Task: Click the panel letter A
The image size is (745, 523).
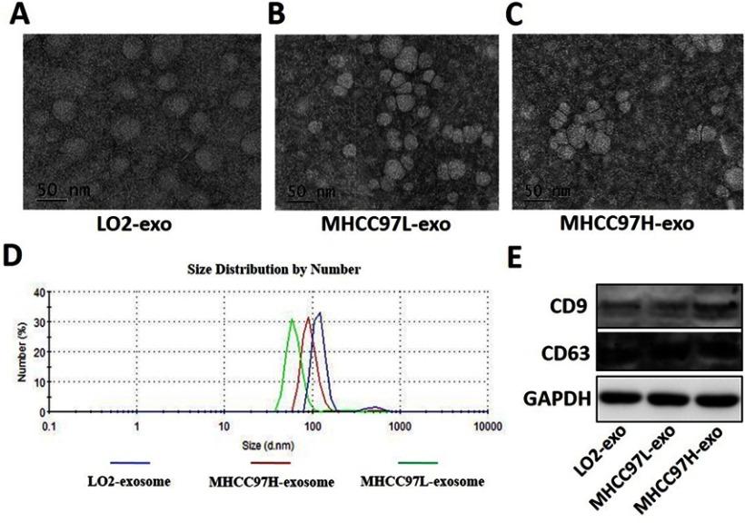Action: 18,15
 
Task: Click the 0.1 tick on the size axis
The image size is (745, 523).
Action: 53,425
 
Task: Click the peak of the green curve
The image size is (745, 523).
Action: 292,320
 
